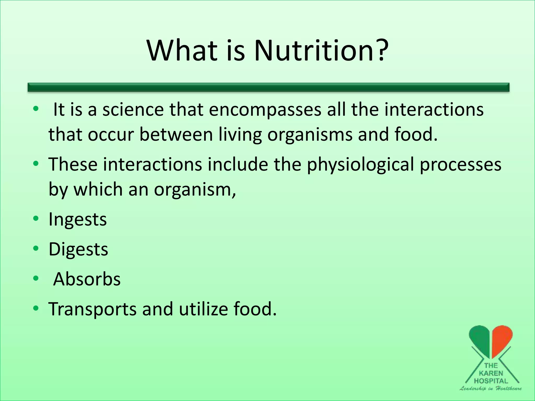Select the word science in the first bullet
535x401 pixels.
coord(133,110)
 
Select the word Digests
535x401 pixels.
coord(78,250)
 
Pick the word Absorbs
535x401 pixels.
coord(87,279)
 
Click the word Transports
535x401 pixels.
coord(92,309)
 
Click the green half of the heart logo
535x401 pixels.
coord(480,339)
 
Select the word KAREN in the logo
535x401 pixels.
coord(491,373)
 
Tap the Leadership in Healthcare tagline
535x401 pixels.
coord(491,388)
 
